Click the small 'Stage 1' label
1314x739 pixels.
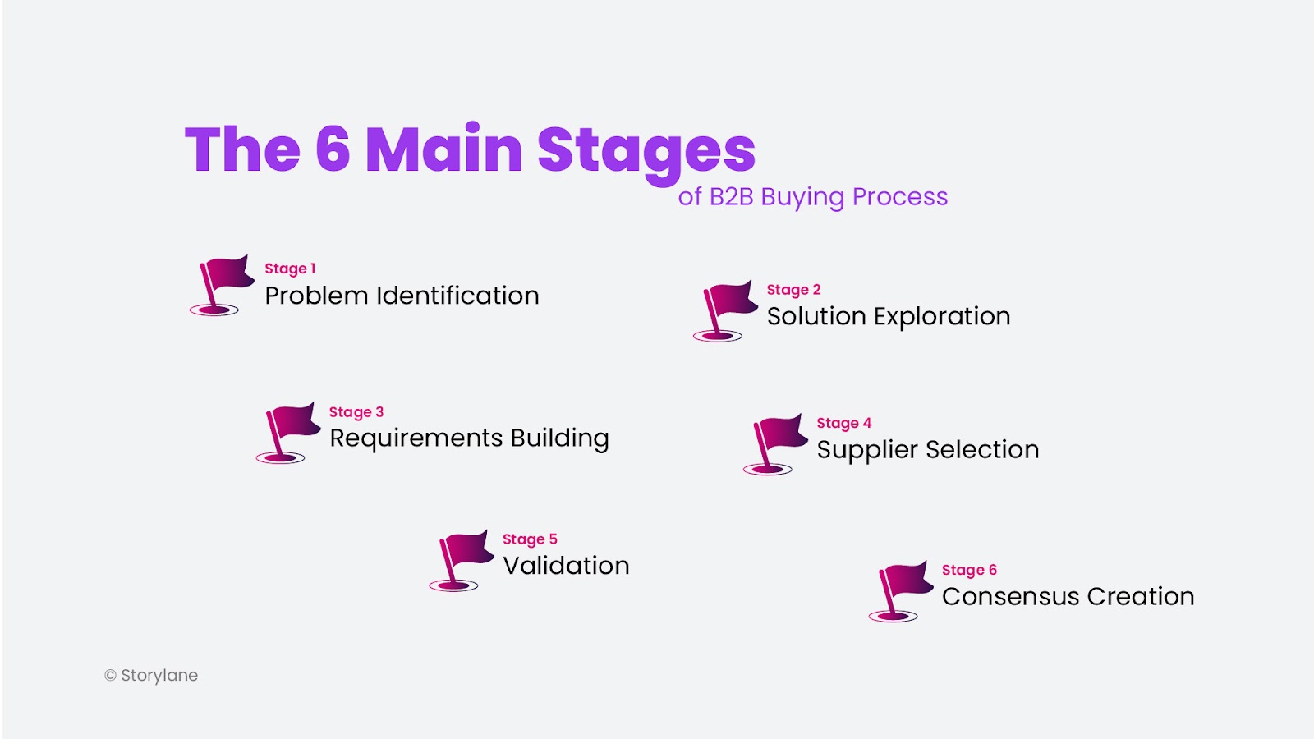point(290,269)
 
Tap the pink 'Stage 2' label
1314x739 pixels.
point(793,290)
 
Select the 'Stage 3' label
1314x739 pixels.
point(356,412)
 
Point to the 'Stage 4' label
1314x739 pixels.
point(844,424)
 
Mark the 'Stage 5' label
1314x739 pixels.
point(530,539)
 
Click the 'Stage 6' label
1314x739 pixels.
point(969,570)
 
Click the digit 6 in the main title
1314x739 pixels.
point(333,149)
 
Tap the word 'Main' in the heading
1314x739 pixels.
point(444,148)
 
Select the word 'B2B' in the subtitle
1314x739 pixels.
point(731,197)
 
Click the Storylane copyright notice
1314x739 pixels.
point(151,676)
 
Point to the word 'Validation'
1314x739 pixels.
point(566,566)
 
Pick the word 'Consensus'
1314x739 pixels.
point(1011,596)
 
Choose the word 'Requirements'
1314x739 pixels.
point(416,438)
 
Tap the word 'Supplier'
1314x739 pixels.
point(867,451)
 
